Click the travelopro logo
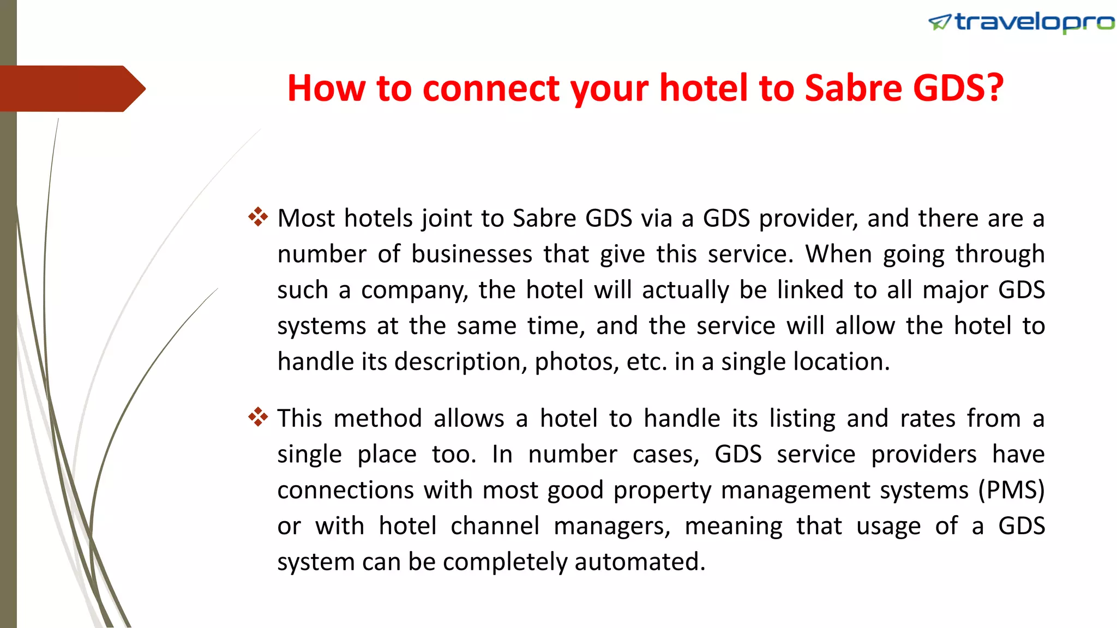(x=1021, y=22)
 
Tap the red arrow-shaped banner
(x=71, y=89)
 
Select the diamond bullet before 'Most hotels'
(x=258, y=217)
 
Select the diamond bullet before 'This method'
(x=258, y=418)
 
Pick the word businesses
(x=472, y=255)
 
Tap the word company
(x=415, y=291)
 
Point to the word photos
(x=576, y=362)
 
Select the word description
(x=460, y=362)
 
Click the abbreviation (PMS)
(x=1011, y=490)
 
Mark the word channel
(x=495, y=526)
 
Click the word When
(x=838, y=254)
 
